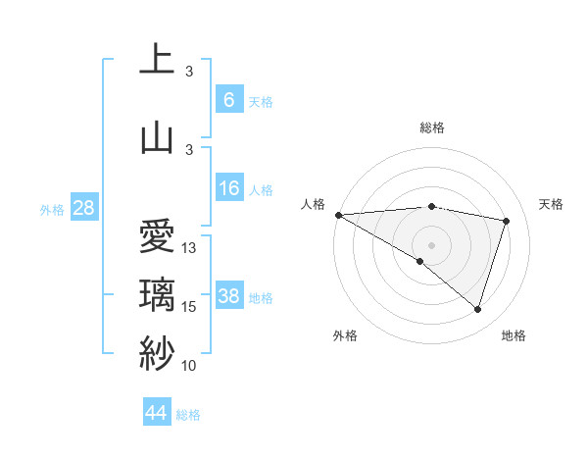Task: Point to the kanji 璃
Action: click(156, 294)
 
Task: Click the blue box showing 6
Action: click(228, 99)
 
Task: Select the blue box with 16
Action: click(228, 188)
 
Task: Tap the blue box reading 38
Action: click(228, 296)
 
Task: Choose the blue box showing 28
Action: click(83, 208)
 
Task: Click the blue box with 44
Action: click(156, 413)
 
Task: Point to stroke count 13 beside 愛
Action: click(190, 248)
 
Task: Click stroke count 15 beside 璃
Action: click(190, 307)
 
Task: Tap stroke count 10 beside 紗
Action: click(190, 366)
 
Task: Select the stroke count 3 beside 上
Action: click(190, 72)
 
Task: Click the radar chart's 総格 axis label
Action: click(431, 128)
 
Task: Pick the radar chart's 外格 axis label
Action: click(345, 335)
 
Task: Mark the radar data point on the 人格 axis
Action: click(338, 215)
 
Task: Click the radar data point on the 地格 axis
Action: click(477, 310)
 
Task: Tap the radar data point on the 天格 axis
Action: click(507, 221)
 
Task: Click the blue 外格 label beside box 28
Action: click(52, 209)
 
